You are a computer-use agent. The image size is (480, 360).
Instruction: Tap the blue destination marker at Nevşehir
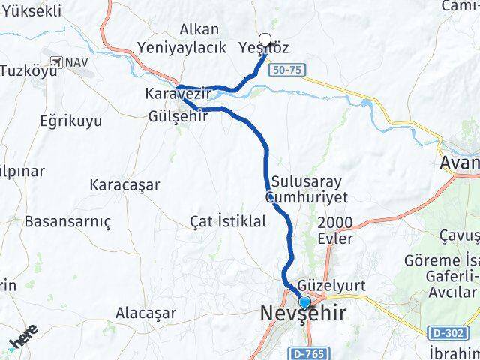click(x=304, y=303)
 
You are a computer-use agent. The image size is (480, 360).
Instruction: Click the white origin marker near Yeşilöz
click(x=265, y=40)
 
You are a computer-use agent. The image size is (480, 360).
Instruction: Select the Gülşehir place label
click(x=178, y=115)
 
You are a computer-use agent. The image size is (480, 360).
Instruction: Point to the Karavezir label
click(x=178, y=95)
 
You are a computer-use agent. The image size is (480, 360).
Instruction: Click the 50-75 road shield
click(x=295, y=68)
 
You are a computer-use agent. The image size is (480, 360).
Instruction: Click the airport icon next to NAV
click(x=57, y=61)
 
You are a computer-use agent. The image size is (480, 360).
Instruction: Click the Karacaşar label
click(x=124, y=184)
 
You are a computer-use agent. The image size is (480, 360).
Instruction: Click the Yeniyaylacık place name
click(x=182, y=47)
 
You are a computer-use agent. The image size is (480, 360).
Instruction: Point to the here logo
click(x=24, y=337)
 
